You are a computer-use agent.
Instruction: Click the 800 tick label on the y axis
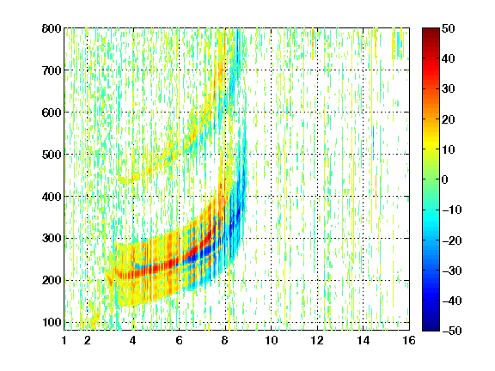click(x=52, y=28)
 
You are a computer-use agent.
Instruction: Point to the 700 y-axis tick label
click(x=52, y=70)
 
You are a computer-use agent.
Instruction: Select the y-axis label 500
click(x=52, y=155)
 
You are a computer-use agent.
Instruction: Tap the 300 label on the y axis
click(x=52, y=239)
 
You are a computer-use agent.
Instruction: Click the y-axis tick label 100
click(x=52, y=322)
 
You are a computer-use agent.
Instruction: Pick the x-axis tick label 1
click(x=64, y=340)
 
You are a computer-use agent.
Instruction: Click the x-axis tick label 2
click(x=88, y=340)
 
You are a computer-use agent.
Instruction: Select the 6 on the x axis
click(x=179, y=340)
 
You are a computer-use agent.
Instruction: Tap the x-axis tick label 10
click(x=271, y=340)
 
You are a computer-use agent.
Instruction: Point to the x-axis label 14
click(x=363, y=340)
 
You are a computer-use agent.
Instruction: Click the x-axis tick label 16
click(x=409, y=340)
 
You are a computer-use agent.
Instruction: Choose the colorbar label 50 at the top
click(x=449, y=28)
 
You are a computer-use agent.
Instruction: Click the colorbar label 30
click(x=449, y=89)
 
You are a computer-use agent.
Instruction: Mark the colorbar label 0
click(x=445, y=179)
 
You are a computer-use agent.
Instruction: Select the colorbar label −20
click(x=452, y=240)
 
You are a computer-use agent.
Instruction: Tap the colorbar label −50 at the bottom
click(x=452, y=331)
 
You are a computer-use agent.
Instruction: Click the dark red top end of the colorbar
click(x=431, y=30)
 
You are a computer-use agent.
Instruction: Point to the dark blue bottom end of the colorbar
click(x=431, y=328)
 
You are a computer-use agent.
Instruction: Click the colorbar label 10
click(x=449, y=149)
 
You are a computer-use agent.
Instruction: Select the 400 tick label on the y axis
click(x=52, y=197)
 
